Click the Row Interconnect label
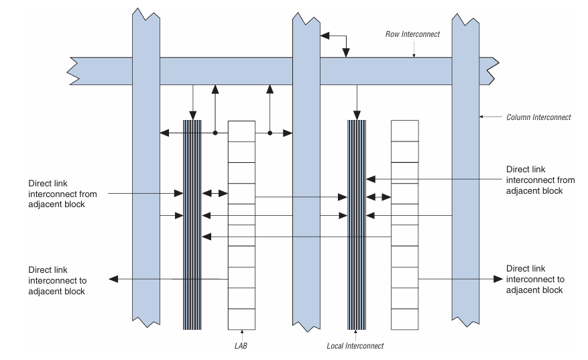click(x=412, y=34)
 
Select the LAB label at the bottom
click(x=241, y=345)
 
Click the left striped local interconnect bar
click(x=192, y=225)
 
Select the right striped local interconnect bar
click(x=356, y=225)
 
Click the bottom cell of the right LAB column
click(x=404, y=318)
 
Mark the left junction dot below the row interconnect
click(x=215, y=133)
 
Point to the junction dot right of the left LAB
click(x=270, y=133)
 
